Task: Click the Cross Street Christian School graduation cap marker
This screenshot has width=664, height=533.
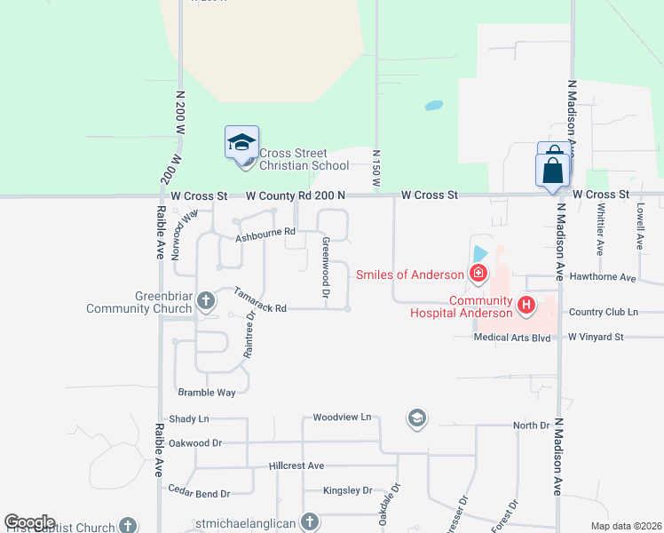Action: [x=241, y=142]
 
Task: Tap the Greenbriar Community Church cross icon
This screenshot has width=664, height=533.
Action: [x=206, y=300]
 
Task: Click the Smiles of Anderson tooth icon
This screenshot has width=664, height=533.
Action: [x=478, y=273]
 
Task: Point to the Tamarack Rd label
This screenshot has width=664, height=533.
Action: [x=260, y=300]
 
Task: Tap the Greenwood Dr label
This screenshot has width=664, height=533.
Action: [x=326, y=267]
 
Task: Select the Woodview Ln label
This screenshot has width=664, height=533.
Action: [x=342, y=417]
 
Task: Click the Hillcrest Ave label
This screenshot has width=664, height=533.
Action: [x=296, y=465]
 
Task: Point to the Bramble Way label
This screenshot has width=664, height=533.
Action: [x=207, y=392]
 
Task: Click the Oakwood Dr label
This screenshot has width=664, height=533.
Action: [x=194, y=442]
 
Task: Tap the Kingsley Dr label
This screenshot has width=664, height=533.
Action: [x=348, y=490]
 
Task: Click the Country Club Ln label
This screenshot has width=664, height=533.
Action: [x=604, y=312]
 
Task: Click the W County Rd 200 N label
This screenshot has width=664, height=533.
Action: [x=295, y=195]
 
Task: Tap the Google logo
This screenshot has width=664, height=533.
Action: [x=29, y=522]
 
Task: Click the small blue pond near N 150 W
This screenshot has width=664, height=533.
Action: [x=433, y=106]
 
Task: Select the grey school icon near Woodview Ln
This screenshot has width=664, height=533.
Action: [x=416, y=418]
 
